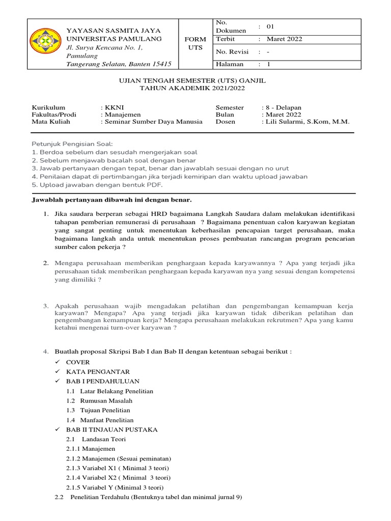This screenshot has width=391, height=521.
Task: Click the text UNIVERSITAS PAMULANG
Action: pyautogui.click(x=115, y=39)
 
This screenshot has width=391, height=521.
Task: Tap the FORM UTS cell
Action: pyautogui.click(x=195, y=43)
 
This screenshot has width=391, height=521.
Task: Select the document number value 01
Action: pyautogui.click(x=277, y=26)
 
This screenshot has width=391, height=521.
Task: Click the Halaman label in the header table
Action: pyautogui.click(x=230, y=64)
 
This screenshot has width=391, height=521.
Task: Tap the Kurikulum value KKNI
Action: pyautogui.click(x=113, y=108)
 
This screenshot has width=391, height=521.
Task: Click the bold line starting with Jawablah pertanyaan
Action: pyautogui.click(x=111, y=200)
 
